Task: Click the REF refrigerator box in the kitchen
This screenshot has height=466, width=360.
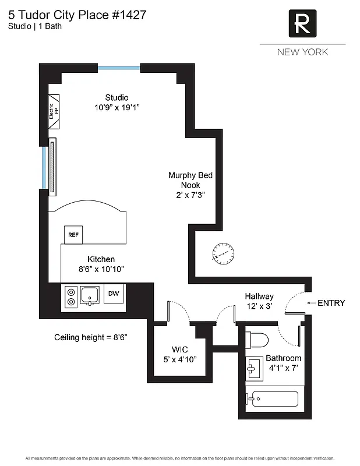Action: (73, 235)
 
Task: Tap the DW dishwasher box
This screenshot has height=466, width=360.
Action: (113, 294)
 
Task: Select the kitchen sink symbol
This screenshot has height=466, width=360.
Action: (90, 295)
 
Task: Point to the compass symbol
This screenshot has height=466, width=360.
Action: (223, 253)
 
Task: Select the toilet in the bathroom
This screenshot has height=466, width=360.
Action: (256, 340)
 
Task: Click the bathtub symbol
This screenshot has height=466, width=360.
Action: (272, 399)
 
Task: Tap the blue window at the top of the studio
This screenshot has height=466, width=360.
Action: (119, 68)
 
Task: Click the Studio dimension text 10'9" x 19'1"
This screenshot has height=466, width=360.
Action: (117, 108)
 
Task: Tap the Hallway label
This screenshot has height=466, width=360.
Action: (259, 296)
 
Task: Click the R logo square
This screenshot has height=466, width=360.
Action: (302, 24)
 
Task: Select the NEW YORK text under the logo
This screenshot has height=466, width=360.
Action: (302, 52)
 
